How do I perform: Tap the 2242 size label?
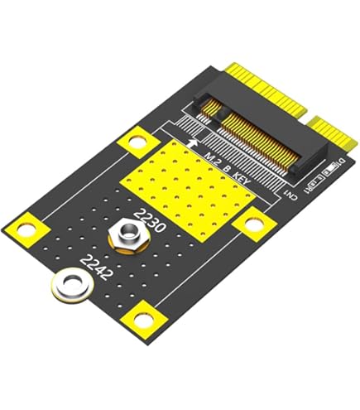96,271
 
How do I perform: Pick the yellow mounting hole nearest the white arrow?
132,141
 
